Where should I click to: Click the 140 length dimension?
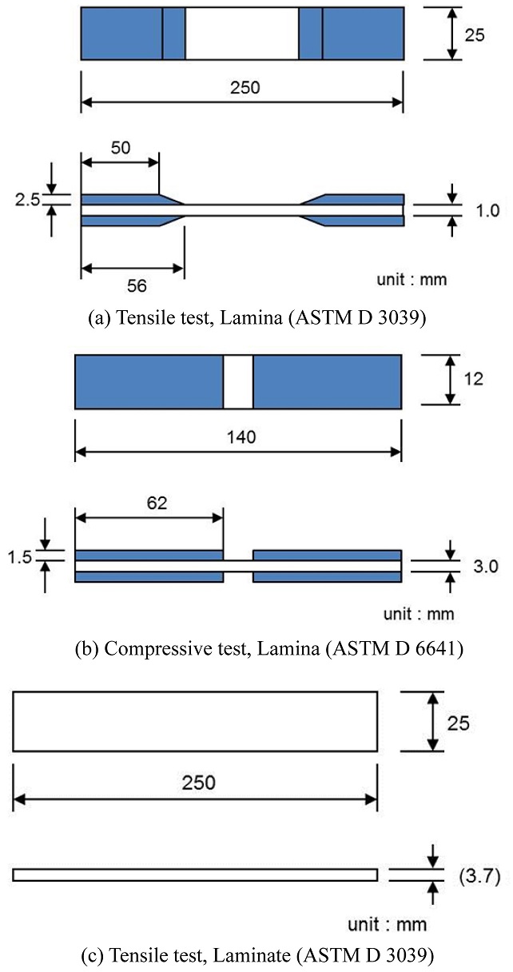point(238,436)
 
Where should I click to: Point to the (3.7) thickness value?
point(479,877)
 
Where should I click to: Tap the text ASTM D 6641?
point(412,648)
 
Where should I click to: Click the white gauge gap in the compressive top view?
point(238,382)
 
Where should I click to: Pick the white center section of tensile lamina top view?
point(242,34)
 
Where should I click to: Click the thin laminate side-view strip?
point(195,874)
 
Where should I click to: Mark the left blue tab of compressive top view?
point(149,382)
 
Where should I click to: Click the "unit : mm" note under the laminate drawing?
point(387,925)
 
